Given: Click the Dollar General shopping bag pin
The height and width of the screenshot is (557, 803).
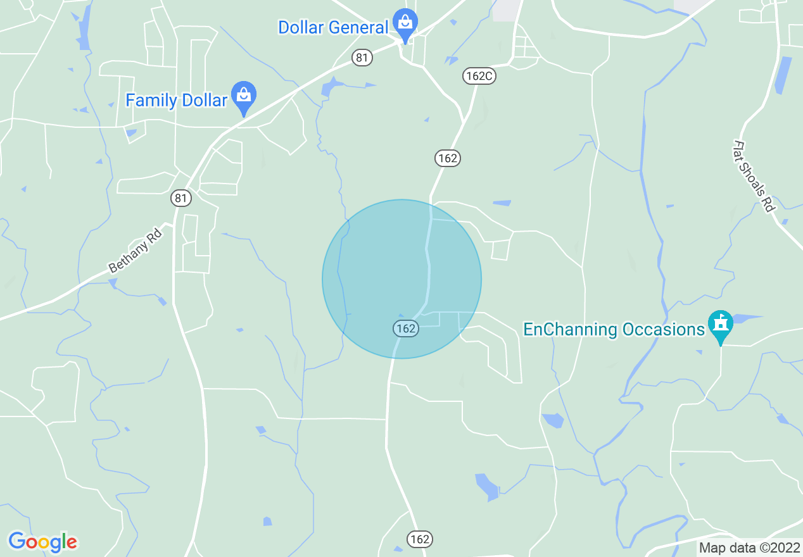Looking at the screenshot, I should [x=404, y=23].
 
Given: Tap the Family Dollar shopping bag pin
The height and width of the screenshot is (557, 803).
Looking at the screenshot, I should [x=243, y=96].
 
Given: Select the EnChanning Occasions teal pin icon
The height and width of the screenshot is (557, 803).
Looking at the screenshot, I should [x=720, y=325].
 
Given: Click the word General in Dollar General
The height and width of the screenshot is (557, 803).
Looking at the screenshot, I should [x=360, y=28].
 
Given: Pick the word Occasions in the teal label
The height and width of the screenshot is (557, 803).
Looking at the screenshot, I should [x=664, y=330].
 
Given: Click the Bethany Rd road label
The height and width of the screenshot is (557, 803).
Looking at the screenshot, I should [x=136, y=251].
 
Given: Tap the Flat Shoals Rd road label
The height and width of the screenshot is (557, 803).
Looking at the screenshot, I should [x=754, y=176].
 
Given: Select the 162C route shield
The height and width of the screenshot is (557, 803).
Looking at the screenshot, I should [x=478, y=76].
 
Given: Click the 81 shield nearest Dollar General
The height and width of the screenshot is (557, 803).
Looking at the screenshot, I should [x=361, y=58].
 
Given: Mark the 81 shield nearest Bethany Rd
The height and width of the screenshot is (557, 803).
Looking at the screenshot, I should [x=181, y=198].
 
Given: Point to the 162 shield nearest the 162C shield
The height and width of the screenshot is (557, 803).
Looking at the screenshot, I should [x=447, y=158].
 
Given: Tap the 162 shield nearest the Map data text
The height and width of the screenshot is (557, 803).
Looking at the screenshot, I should [x=419, y=539].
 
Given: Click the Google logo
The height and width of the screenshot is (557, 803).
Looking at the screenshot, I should [x=42, y=542].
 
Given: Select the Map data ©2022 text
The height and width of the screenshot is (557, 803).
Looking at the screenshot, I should [x=749, y=548].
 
